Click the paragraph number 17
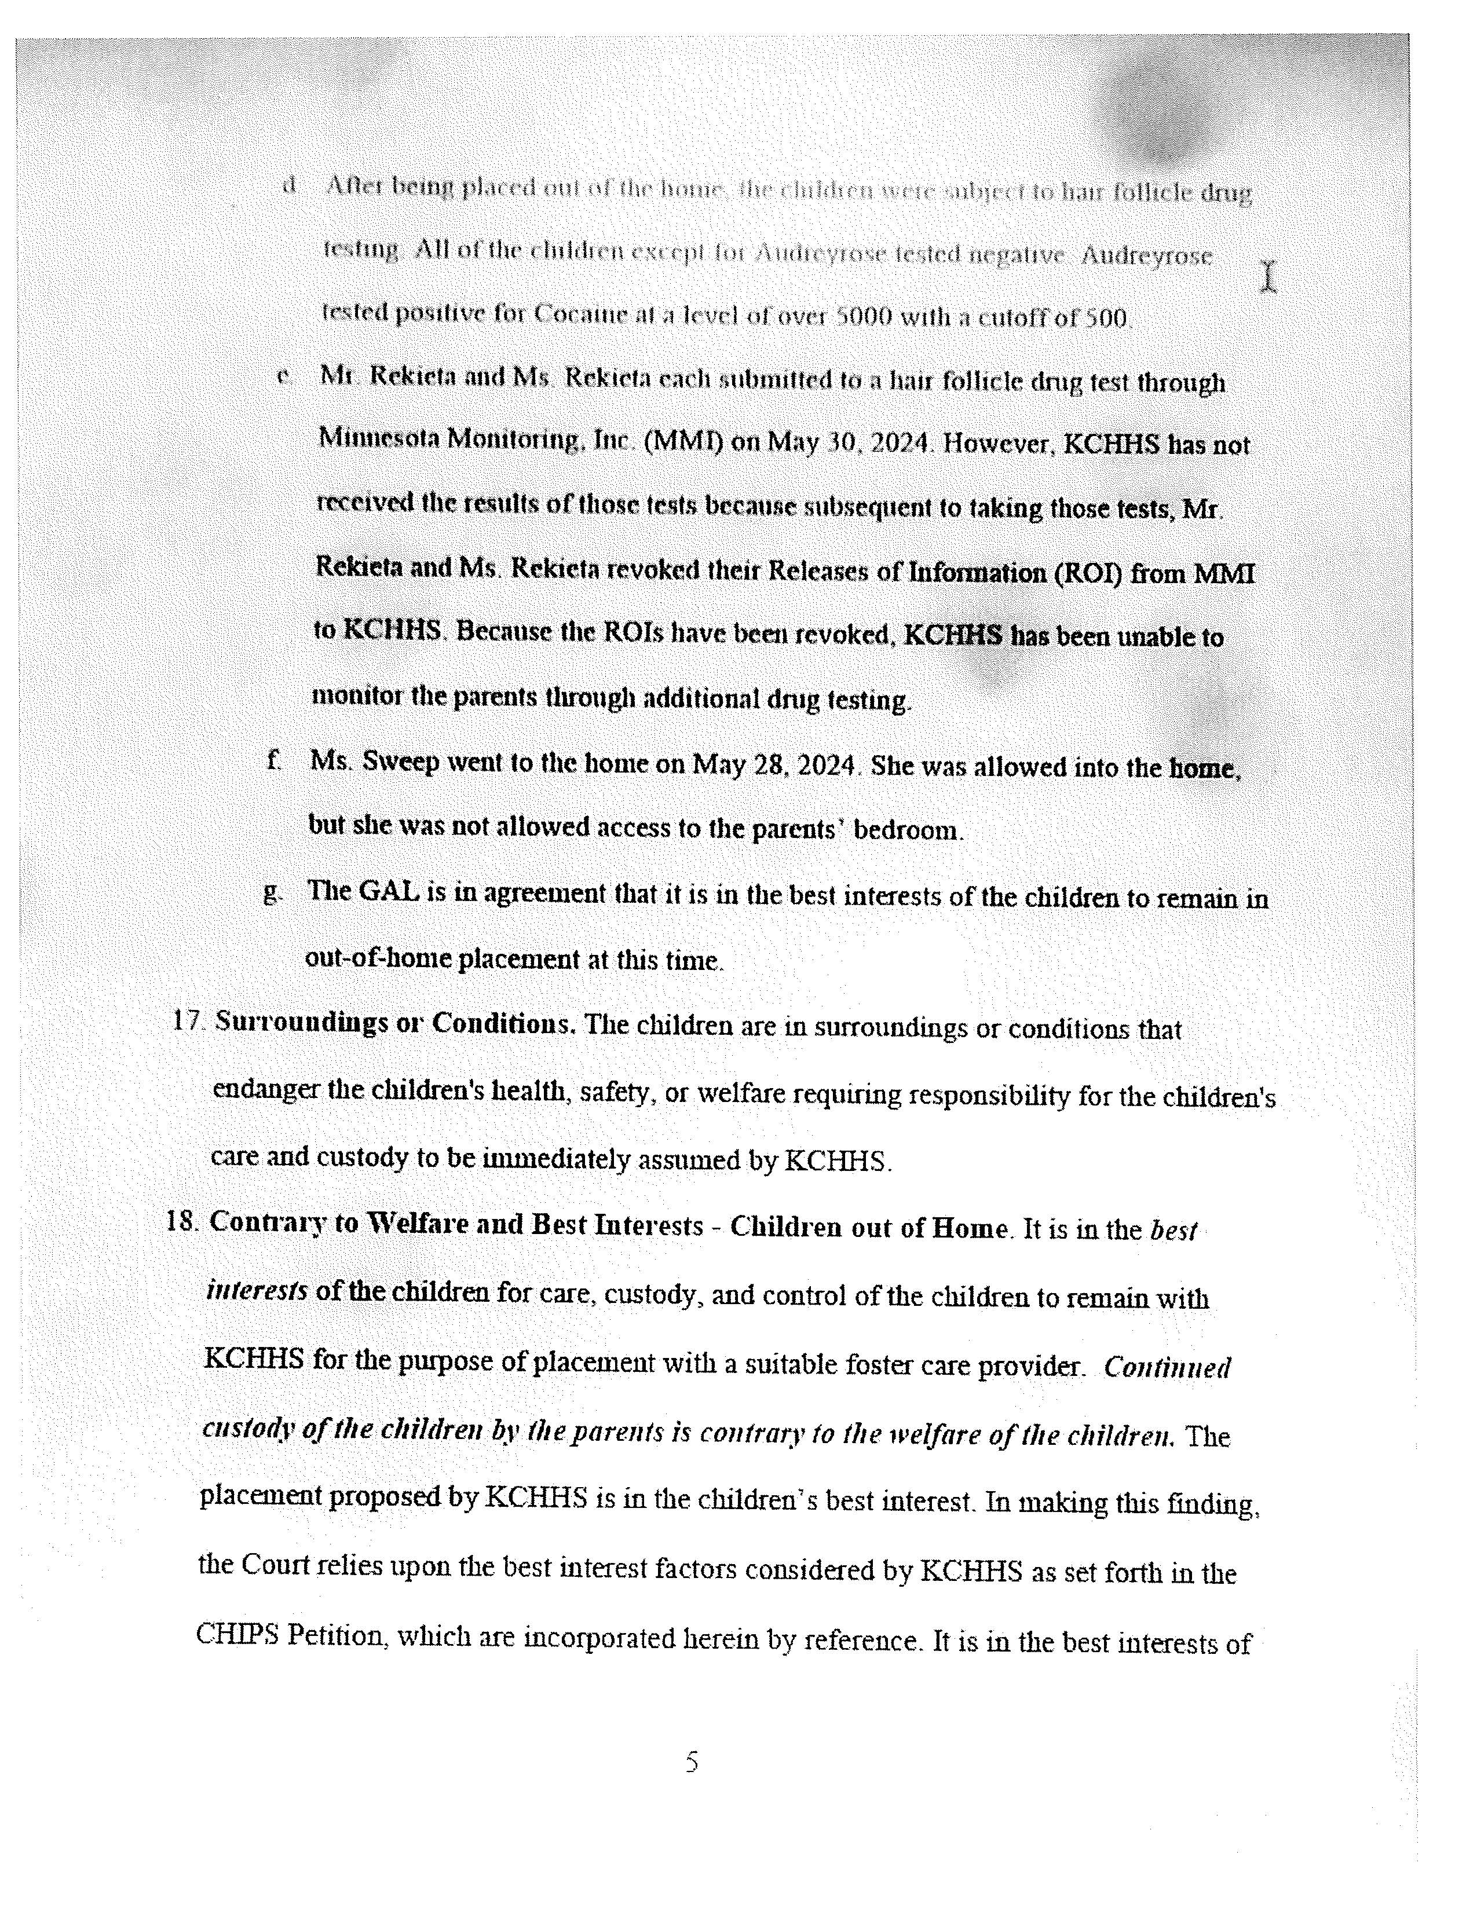(x=188, y=1021)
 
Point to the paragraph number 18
(x=184, y=1221)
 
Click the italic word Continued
(x=1167, y=1368)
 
